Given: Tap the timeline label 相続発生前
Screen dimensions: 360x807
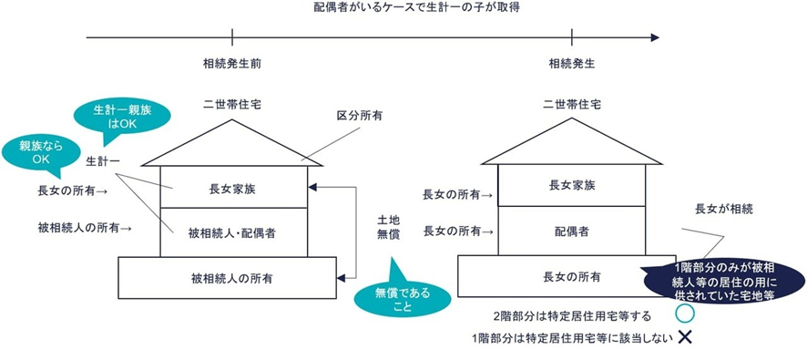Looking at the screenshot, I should click(232, 65).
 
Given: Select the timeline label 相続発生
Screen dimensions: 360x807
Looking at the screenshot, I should click(572, 65).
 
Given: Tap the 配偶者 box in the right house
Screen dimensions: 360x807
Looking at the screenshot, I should click(572, 231).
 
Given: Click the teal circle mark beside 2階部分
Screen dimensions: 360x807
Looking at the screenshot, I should click(685, 314).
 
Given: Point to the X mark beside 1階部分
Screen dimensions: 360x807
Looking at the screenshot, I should click(685, 337).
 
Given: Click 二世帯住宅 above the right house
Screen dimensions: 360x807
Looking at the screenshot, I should click(572, 106).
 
